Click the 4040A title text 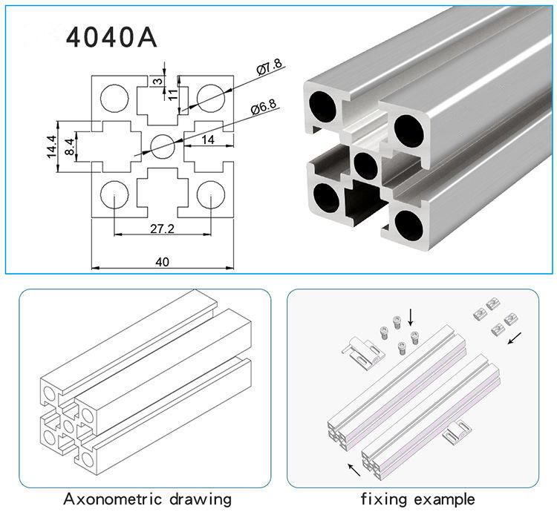(111, 38)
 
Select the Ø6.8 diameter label (263, 106)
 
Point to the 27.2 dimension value (163, 229)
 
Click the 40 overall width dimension (163, 262)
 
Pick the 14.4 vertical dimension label (51, 146)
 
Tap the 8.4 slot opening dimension (70, 146)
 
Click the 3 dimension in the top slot (157, 82)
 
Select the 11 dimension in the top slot (172, 95)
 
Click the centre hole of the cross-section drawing (163, 146)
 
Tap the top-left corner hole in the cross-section (114, 98)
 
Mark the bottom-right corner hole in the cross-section (211, 194)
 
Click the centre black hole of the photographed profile (365, 166)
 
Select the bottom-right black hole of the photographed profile (409, 225)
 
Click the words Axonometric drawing (148, 499)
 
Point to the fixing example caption (417, 499)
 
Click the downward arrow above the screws (411, 317)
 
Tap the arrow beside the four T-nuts (515, 338)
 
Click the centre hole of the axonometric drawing (68, 426)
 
